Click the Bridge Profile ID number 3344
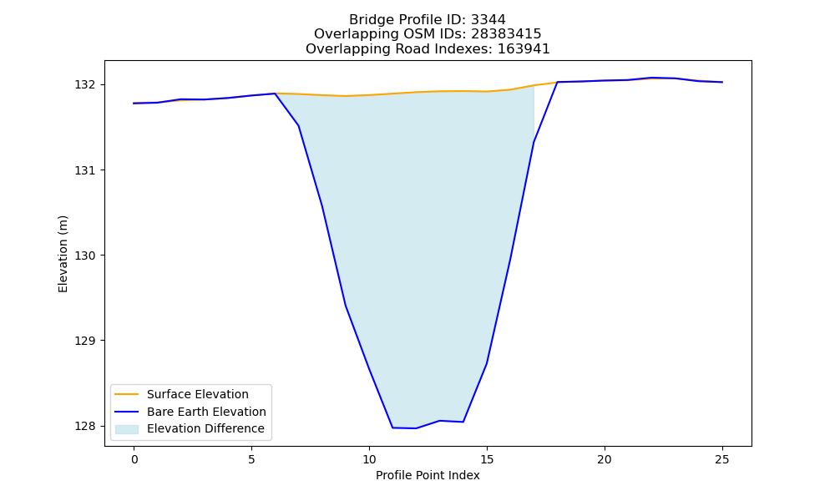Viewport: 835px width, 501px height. [488, 20]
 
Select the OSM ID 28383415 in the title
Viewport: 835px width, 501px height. [506, 34]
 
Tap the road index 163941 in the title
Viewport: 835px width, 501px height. [524, 49]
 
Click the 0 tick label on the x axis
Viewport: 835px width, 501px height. [134, 459]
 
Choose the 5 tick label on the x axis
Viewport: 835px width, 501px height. [251, 459]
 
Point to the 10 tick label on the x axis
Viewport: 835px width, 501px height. [369, 459]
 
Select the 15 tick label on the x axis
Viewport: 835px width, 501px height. [487, 459]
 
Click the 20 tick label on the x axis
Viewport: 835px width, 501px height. [605, 459]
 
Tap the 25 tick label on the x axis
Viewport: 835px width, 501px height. [722, 459]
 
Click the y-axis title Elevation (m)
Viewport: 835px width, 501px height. [63, 254]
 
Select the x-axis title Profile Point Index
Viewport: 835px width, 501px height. [428, 475]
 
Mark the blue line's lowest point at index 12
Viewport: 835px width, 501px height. [416, 428]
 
